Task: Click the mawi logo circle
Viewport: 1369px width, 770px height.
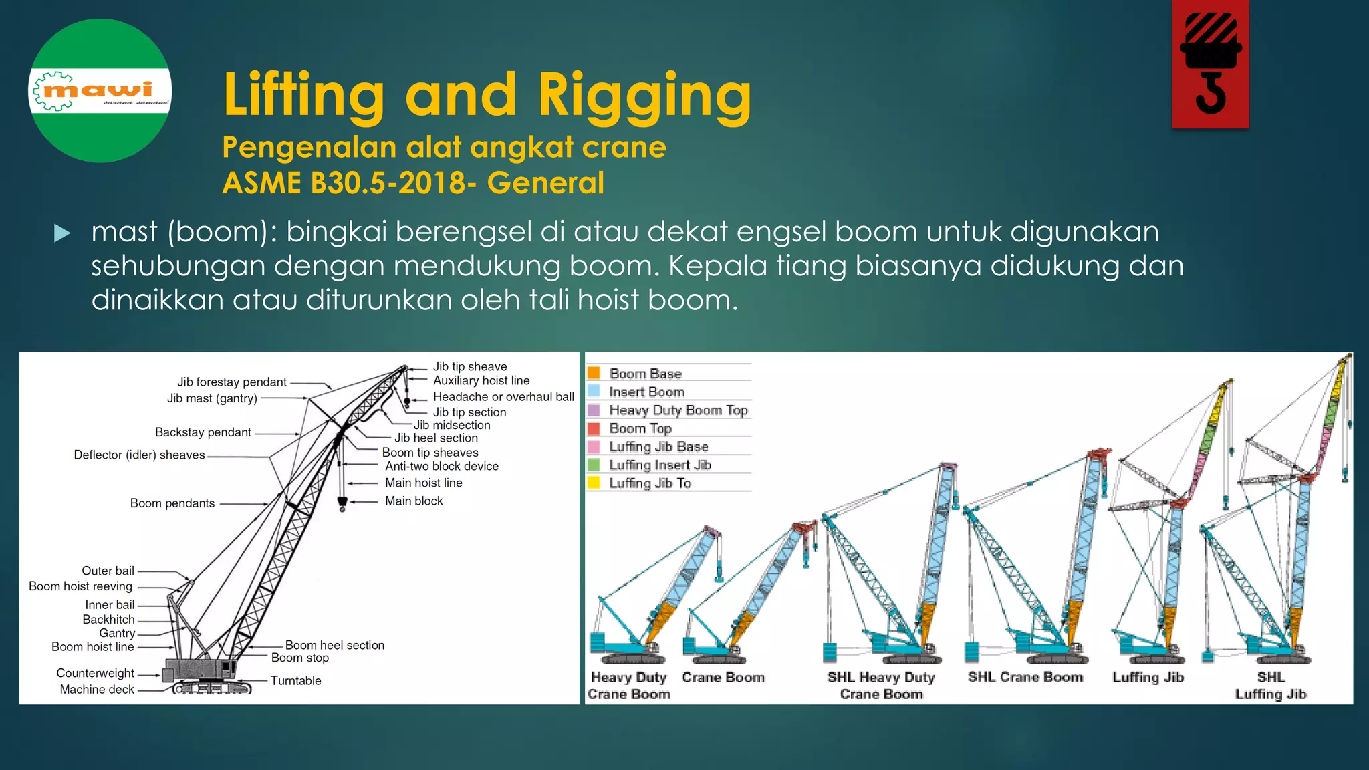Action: point(100,91)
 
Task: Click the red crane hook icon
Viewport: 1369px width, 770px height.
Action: point(1210,64)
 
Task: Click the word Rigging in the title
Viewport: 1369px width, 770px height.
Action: point(644,95)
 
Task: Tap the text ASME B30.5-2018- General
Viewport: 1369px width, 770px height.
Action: point(413,183)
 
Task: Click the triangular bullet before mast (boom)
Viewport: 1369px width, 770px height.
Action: point(62,233)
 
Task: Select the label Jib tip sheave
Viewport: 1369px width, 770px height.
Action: point(470,366)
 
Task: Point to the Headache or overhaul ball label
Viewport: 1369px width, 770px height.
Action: point(503,396)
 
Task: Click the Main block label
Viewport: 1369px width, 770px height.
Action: point(414,501)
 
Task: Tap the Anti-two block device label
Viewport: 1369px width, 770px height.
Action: point(442,466)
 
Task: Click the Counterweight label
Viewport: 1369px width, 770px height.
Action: point(95,673)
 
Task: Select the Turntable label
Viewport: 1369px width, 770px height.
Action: point(295,680)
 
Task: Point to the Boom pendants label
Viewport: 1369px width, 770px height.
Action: point(172,503)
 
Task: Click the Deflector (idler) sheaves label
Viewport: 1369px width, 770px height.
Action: point(139,455)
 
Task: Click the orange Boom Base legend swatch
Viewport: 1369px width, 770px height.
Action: point(594,373)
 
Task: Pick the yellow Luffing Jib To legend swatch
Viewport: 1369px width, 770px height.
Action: point(594,482)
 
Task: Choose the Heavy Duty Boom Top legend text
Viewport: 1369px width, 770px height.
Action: point(678,410)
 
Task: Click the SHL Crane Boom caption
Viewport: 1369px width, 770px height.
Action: point(1025,677)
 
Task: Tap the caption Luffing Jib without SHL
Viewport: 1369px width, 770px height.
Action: point(1148,677)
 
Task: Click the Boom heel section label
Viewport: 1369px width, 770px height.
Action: point(334,645)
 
